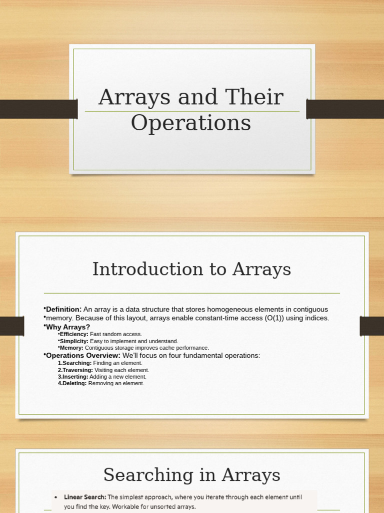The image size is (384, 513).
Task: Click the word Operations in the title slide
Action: [x=190, y=123]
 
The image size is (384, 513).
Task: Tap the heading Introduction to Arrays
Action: [x=191, y=269]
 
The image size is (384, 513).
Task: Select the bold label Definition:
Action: [x=63, y=310]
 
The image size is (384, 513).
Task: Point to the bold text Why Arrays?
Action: [x=68, y=327]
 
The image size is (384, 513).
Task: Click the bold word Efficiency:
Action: [x=74, y=334]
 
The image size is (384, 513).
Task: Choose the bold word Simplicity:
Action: [x=74, y=341]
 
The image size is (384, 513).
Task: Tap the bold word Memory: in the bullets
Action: [x=71, y=348]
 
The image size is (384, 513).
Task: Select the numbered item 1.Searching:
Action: [x=75, y=363]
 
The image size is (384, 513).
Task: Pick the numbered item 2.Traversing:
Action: [x=75, y=370]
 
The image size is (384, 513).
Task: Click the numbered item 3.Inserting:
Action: [x=73, y=377]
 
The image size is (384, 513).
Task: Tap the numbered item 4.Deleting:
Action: [x=72, y=383]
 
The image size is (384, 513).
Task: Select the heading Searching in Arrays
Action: [x=191, y=474]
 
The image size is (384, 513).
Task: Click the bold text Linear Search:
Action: [x=85, y=497]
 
